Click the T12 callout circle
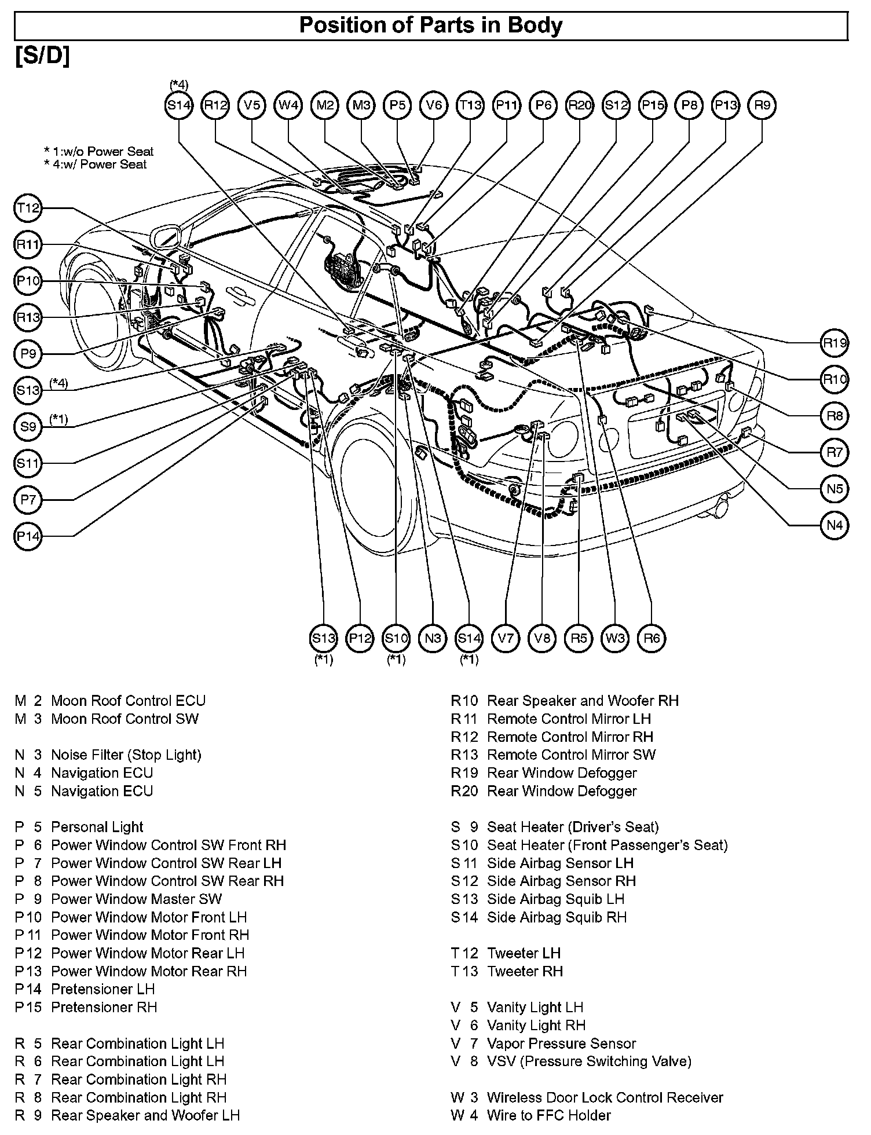tap(28, 208)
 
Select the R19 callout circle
tap(835, 343)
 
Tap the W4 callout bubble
tap(288, 105)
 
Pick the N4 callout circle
tap(835, 526)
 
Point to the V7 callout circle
tap(506, 639)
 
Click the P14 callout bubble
tap(28, 537)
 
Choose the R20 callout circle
tap(580, 105)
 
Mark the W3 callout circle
tap(615, 639)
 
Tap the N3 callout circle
tap(433, 639)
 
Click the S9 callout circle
tap(28, 427)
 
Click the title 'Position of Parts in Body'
tap(430, 25)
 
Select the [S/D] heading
tap(42, 56)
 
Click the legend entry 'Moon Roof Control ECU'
tap(128, 701)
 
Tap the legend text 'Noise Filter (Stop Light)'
tap(126, 755)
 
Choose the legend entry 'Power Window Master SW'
tap(136, 899)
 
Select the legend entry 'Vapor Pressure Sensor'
tap(561, 1044)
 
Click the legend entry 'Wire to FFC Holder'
tap(548, 1115)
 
